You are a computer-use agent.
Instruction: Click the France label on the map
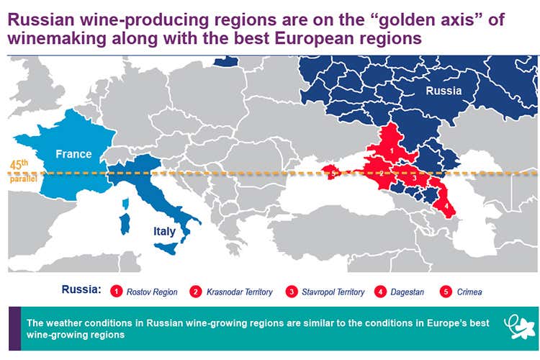click(74, 153)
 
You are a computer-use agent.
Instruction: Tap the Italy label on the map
click(163, 231)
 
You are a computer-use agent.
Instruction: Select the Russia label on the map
click(444, 91)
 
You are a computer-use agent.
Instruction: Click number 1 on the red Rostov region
click(391, 149)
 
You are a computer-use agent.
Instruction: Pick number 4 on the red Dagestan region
click(446, 206)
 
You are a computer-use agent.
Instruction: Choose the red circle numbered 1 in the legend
click(114, 292)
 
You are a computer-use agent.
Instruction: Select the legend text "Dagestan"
click(408, 292)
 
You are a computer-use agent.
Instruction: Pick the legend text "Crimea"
click(469, 292)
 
